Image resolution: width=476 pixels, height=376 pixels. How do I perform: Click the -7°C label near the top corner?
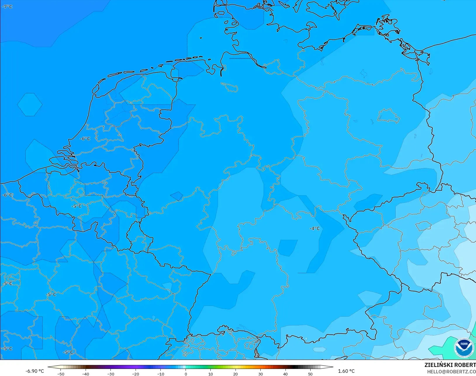(x=8, y=6)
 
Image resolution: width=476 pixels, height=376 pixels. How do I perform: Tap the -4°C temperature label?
(x=315, y=228)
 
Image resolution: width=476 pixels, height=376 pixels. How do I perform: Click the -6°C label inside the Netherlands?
(x=85, y=138)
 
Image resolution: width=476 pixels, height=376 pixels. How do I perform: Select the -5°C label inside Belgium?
(x=77, y=206)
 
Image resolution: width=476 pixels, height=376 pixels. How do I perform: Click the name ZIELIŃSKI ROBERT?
(x=450, y=365)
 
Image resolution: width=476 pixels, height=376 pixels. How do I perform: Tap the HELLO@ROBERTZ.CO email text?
(x=451, y=372)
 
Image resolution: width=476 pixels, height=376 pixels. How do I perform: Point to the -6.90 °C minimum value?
(x=34, y=371)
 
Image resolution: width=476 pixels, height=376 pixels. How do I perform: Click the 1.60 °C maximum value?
(x=346, y=371)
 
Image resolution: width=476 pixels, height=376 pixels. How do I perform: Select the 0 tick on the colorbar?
(x=186, y=374)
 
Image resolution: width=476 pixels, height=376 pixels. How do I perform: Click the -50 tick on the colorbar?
(x=61, y=374)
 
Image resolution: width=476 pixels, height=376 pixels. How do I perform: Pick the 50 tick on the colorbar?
(x=310, y=374)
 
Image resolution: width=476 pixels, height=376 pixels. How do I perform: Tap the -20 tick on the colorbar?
(x=136, y=374)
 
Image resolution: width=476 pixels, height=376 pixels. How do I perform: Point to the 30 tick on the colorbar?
(x=261, y=374)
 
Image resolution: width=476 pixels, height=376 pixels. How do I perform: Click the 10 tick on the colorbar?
(x=211, y=374)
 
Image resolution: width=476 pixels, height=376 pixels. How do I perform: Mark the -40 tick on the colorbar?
(x=86, y=374)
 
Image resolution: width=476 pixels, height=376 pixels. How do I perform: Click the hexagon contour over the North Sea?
(x=30, y=104)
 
